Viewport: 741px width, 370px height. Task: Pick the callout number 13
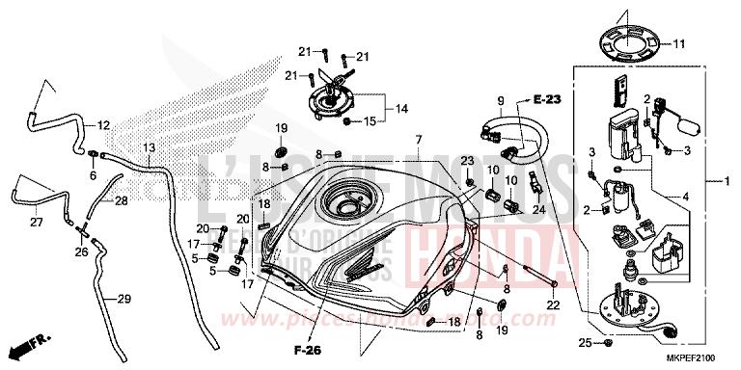point(148,147)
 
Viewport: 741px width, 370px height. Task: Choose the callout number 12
point(104,125)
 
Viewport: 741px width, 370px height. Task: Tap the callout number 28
point(121,200)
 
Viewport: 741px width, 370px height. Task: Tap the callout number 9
point(501,101)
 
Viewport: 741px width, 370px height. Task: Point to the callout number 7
point(419,141)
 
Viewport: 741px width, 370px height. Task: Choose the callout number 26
point(82,251)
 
